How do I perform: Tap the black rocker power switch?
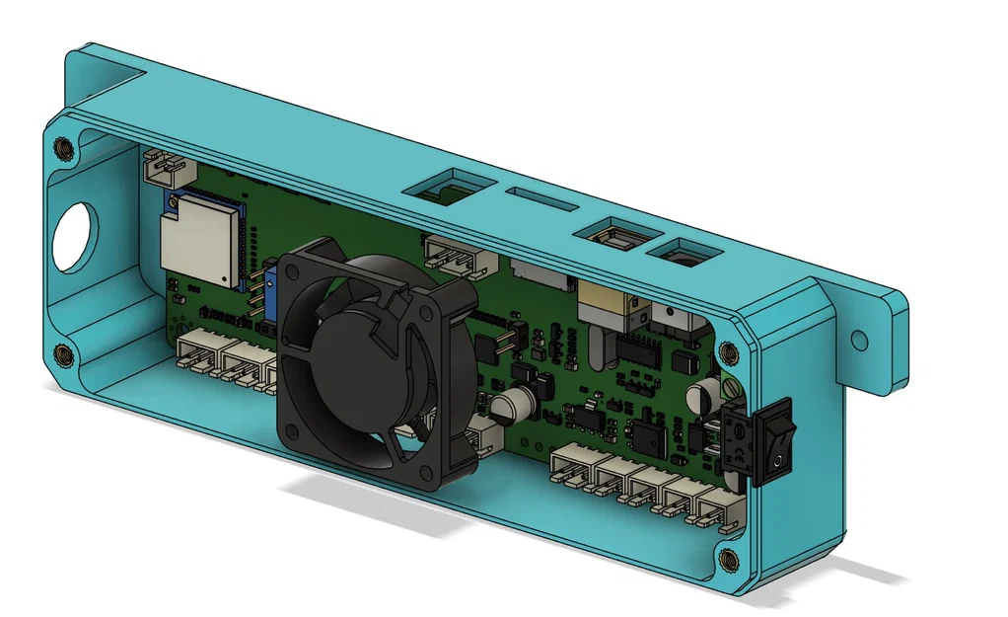pos(756,442)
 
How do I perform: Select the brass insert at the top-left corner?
pos(65,148)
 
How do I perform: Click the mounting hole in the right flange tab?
pos(860,340)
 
